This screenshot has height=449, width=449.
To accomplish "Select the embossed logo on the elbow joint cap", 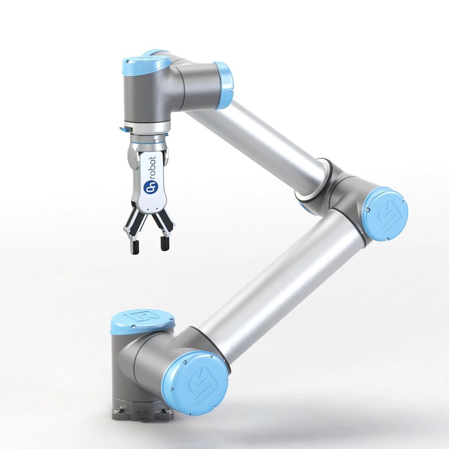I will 385,215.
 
